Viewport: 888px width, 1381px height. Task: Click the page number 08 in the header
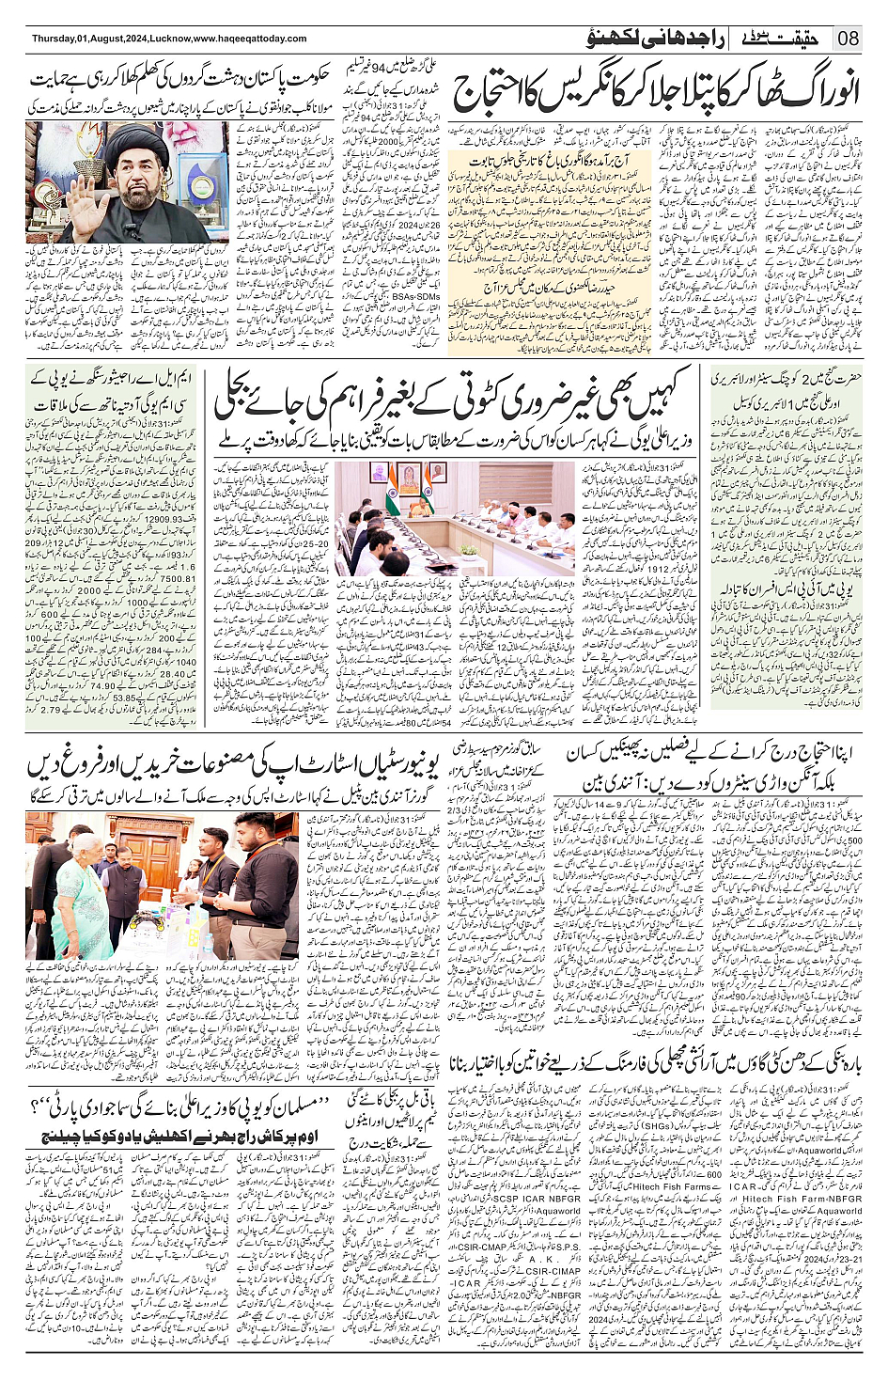(849, 39)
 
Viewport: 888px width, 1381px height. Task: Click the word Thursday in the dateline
(54, 39)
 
